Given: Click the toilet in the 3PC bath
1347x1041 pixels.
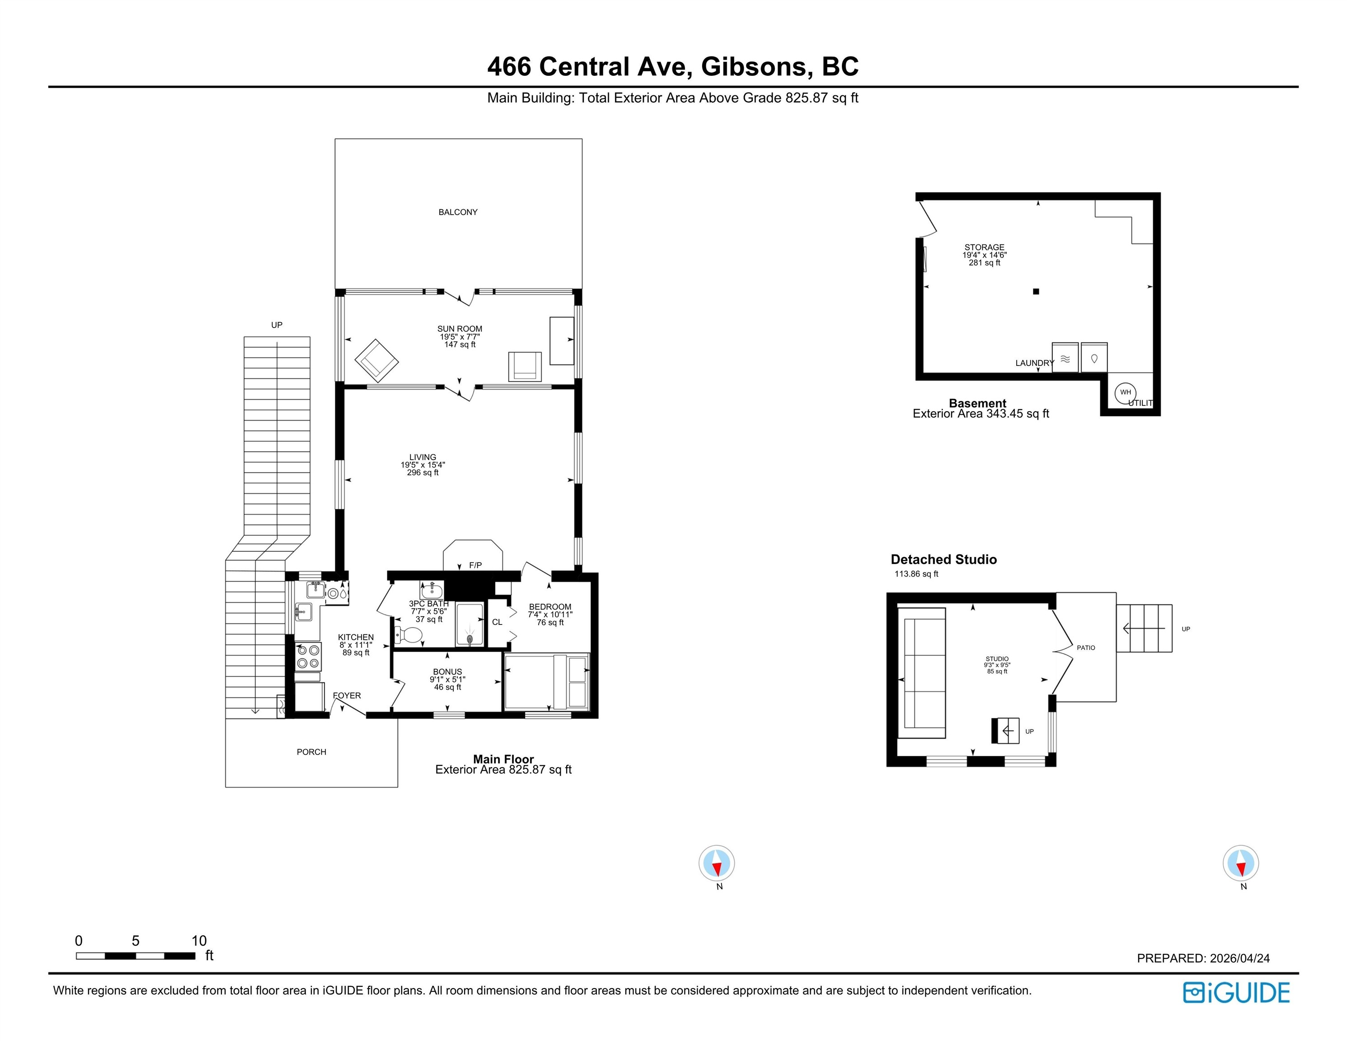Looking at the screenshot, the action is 408,634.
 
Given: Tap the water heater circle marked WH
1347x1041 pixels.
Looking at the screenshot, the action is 1126,392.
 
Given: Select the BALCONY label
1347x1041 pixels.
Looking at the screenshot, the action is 458,212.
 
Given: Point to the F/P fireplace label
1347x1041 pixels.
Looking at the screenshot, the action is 475,565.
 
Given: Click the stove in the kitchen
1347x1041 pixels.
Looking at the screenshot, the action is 308,657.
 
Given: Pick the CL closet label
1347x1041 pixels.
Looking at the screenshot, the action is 497,622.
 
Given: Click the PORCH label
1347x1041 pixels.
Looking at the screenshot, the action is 311,752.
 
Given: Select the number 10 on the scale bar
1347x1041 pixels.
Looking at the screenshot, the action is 199,941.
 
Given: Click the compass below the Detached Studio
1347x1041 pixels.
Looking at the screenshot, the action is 1240,863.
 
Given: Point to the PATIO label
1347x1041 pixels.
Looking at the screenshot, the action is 1086,647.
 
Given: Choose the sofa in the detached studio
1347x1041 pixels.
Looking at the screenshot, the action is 921,673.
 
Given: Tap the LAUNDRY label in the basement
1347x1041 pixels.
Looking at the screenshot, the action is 1034,363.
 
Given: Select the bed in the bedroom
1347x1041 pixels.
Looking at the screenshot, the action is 546,681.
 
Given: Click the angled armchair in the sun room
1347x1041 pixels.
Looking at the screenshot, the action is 376,360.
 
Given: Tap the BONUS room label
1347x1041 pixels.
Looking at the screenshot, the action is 447,671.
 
